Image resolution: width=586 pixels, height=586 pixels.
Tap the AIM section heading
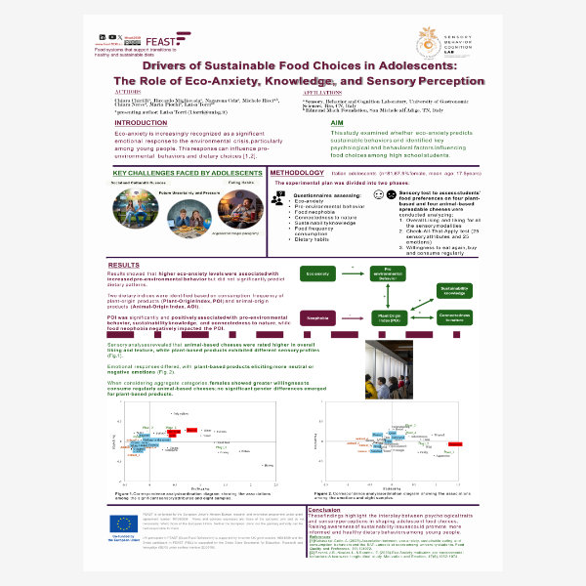point(309,123)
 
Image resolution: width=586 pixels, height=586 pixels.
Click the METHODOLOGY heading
point(297,172)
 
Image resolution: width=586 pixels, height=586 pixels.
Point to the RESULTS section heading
point(123,265)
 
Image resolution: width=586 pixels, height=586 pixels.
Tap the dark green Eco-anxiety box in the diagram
point(318,273)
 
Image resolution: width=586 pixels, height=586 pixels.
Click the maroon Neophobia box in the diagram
point(318,317)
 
